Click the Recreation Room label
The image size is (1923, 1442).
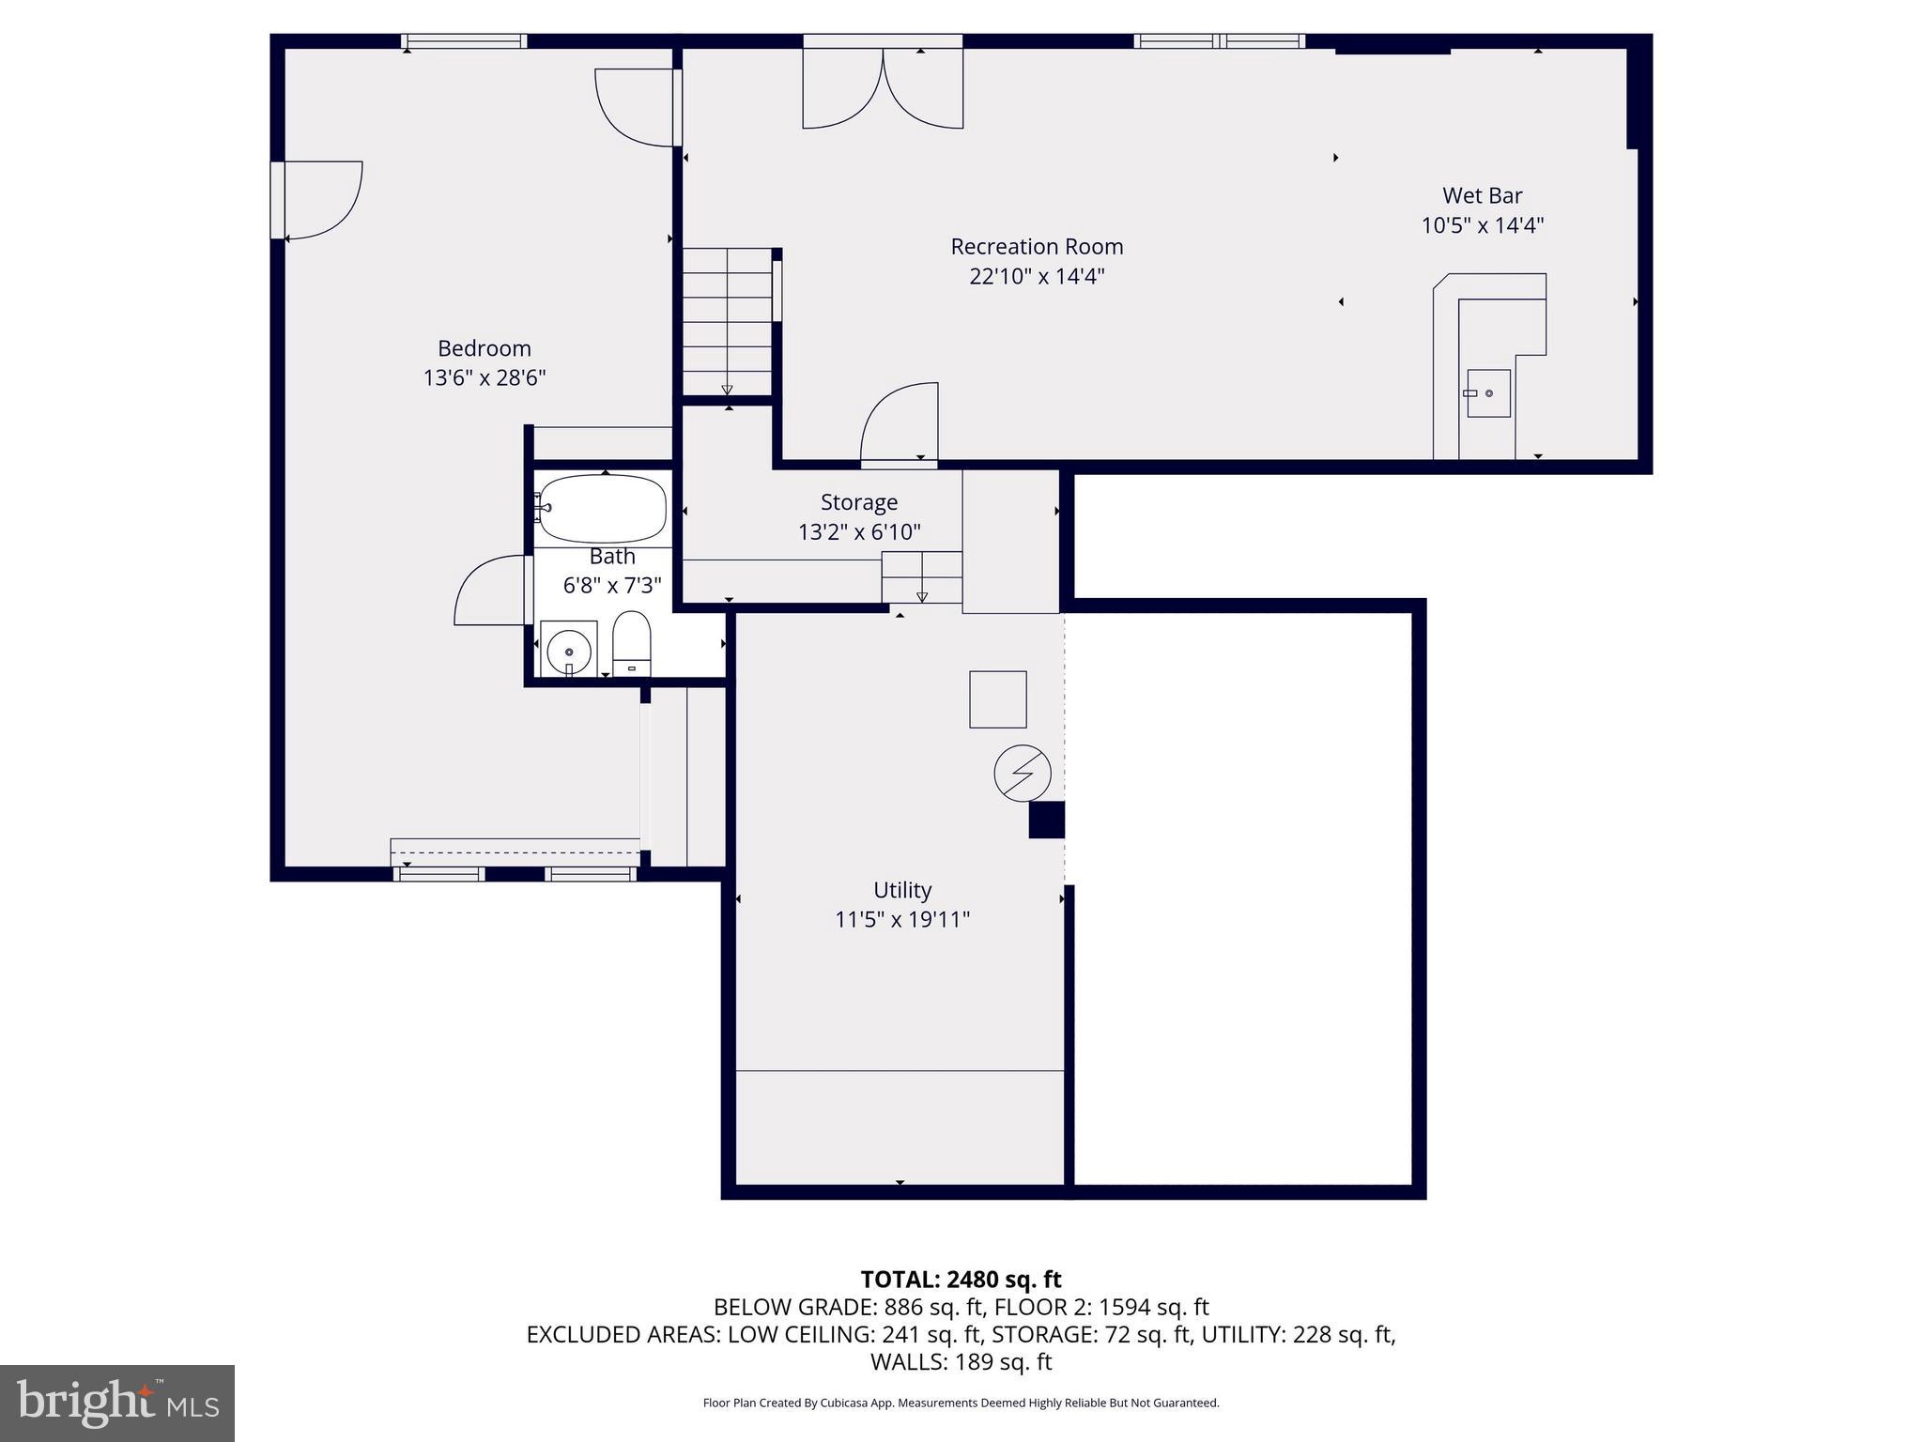click(1037, 247)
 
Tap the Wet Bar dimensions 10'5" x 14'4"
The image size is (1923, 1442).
click(1482, 226)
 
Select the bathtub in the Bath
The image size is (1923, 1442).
click(603, 508)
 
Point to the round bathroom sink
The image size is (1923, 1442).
click(569, 649)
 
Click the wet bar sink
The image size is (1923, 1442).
click(1488, 393)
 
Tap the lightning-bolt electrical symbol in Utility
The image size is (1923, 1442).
click(1023, 774)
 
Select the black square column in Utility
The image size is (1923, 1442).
click(1046, 820)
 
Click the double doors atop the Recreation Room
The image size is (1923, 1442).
click(883, 89)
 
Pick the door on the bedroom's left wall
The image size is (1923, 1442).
click(319, 200)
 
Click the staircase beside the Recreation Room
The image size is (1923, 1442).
click(727, 322)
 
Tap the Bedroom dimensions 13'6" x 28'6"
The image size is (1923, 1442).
click(485, 378)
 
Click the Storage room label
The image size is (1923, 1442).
click(858, 503)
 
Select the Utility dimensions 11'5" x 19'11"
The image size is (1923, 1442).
click(901, 920)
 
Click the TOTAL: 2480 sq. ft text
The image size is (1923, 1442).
click(961, 1280)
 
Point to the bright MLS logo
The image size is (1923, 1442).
click(117, 1403)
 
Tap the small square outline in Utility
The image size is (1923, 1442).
click(997, 699)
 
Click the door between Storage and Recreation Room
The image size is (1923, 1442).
click(900, 424)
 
